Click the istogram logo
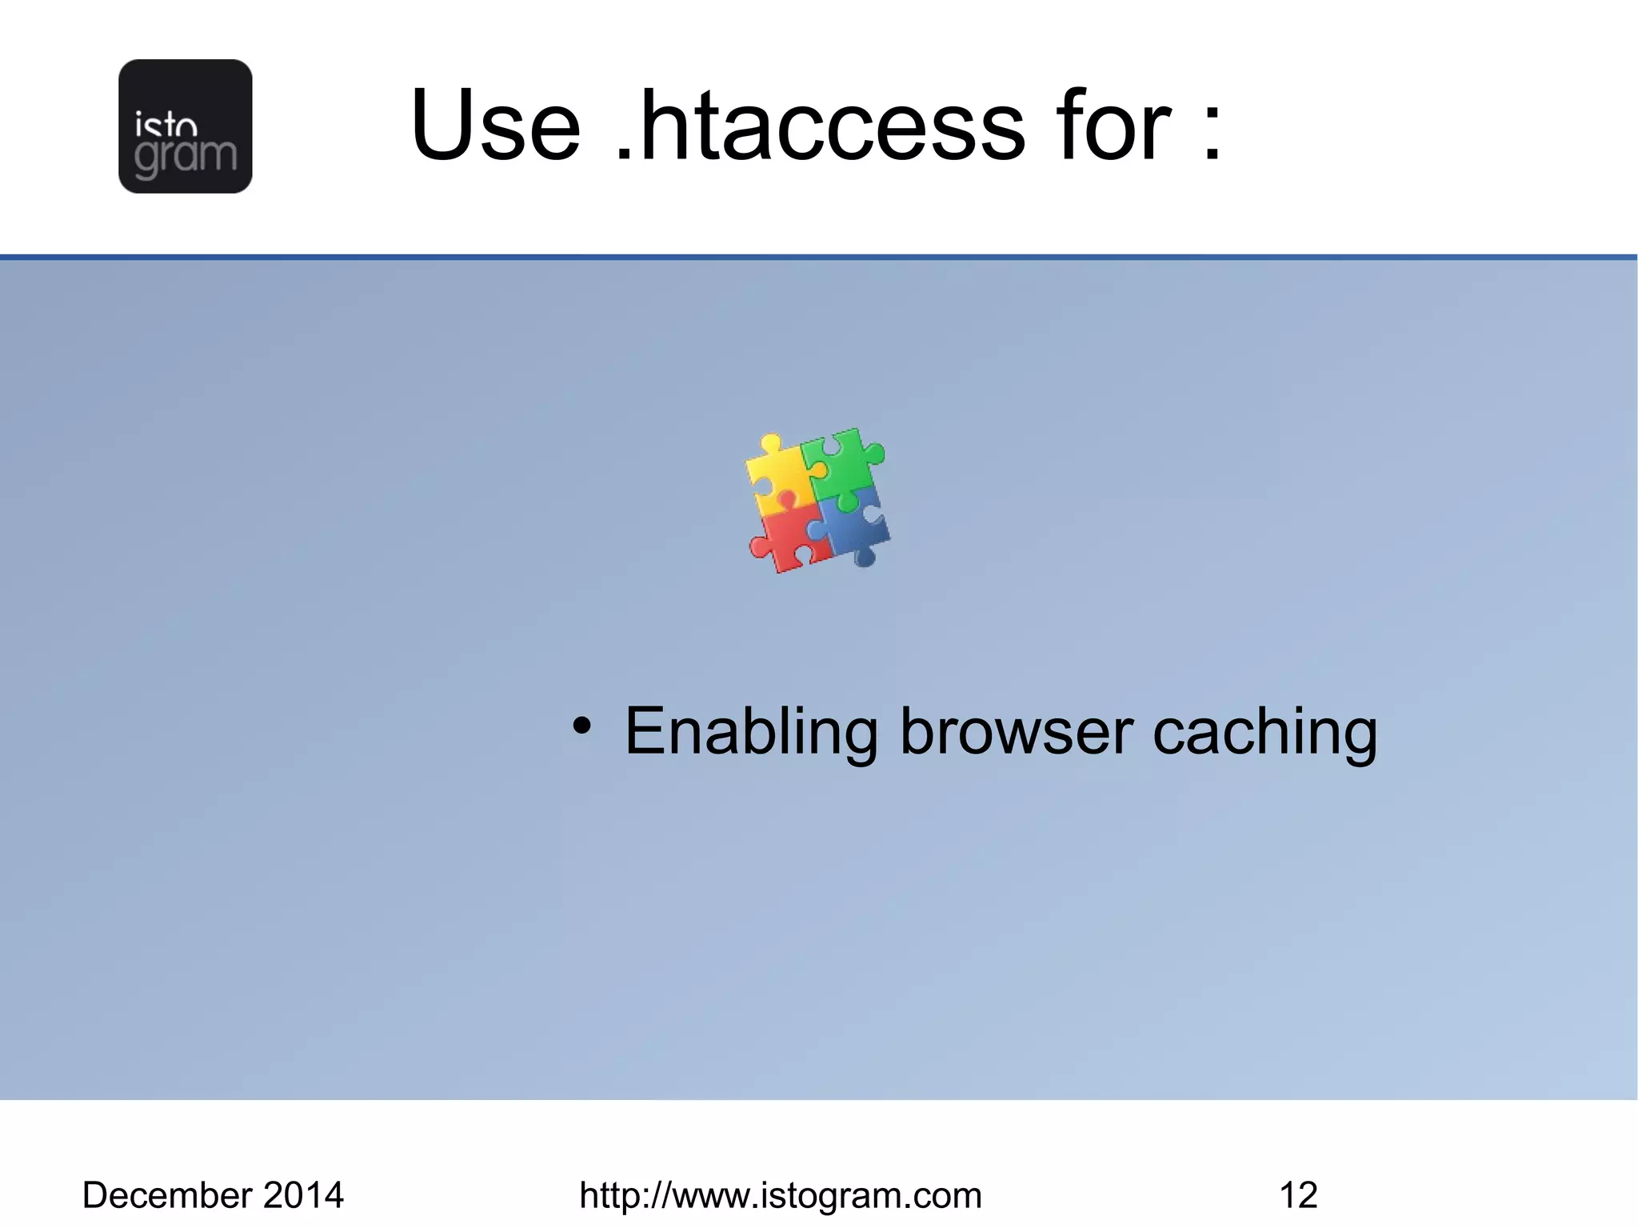tap(185, 126)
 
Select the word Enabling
tap(750, 731)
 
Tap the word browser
tap(1017, 731)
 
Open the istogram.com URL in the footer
tap(780, 1195)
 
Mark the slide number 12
tap(1298, 1195)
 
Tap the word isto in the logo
tap(166, 126)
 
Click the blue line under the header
tap(819, 257)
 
